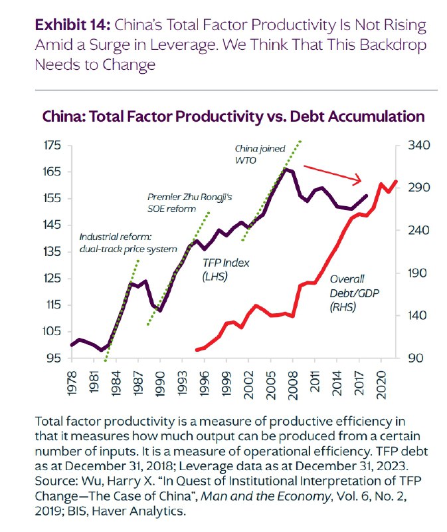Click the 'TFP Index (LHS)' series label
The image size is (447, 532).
(x=226, y=269)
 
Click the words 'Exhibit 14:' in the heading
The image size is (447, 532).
(x=72, y=26)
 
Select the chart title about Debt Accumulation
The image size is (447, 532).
(x=233, y=116)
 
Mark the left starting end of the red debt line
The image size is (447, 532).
(x=197, y=349)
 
